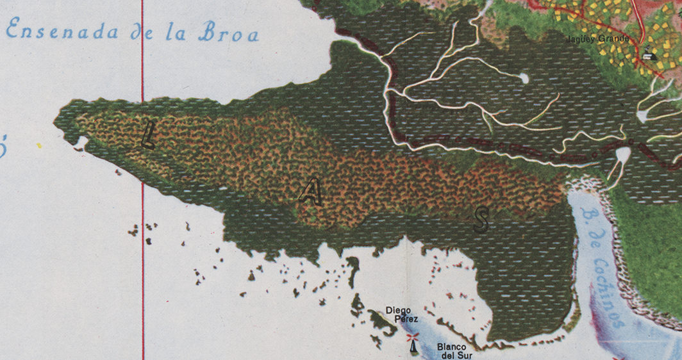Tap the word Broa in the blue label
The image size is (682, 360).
(x=228, y=33)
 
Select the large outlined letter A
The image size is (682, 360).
(x=311, y=192)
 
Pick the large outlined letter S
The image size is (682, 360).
(x=481, y=219)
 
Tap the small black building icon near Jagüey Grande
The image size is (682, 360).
(x=649, y=55)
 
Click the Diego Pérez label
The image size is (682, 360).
(x=403, y=315)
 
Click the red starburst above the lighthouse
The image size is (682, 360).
(x=412, y=337)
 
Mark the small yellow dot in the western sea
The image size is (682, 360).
(x=39, y=146)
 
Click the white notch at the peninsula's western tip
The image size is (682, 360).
(x=81, y=141)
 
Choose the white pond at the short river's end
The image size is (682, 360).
(x=524, y=78)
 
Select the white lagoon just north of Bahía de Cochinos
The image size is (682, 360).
(x=622, y=156)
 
